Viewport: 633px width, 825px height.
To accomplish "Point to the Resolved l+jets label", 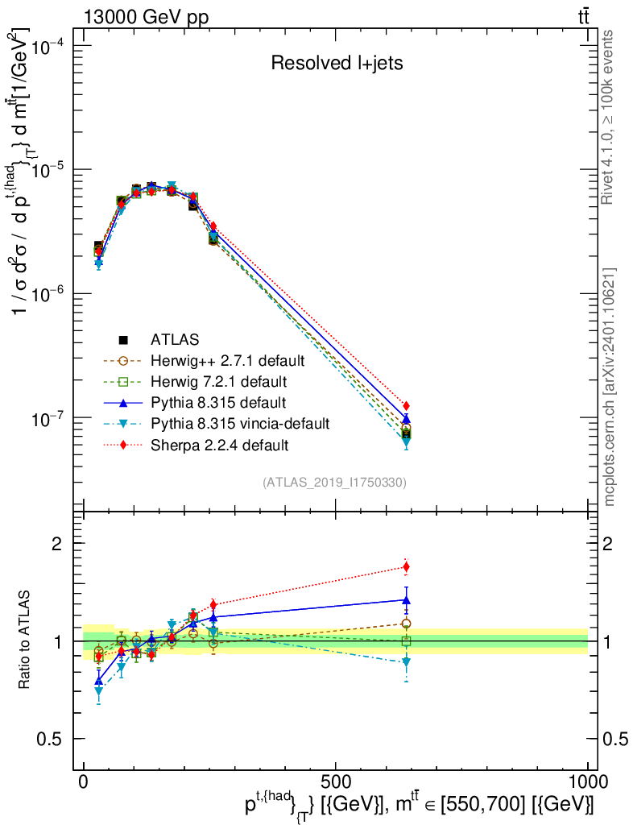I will click(337, 63).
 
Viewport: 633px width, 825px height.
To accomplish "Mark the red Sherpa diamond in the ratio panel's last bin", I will click(407, 567).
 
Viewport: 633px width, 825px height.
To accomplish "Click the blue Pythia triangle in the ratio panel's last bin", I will click(407, 599).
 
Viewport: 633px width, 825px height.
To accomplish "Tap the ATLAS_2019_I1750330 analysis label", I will click(334, 483).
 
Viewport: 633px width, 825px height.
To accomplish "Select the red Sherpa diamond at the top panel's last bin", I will click(407, 405).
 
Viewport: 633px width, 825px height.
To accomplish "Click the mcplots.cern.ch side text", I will click(610, 387).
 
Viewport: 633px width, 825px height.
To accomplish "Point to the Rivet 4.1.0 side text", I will click(610, 117).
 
